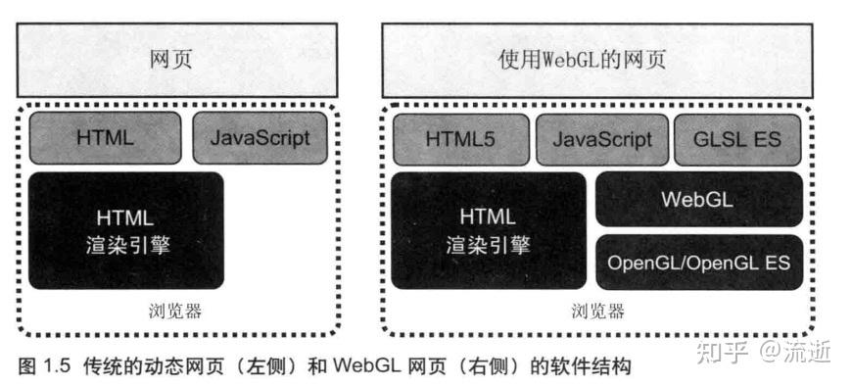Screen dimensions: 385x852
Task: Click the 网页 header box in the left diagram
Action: point(177,59)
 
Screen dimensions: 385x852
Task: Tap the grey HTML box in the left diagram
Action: point(106,137)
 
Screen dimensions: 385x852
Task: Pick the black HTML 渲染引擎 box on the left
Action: point(126,230)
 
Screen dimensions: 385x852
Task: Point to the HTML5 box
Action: point(460,139)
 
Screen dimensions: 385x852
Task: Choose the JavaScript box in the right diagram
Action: point(601,139)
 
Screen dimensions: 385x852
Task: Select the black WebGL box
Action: point(698,199)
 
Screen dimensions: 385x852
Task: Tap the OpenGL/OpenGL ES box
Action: point(698,263)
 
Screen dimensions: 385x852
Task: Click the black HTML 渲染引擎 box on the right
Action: point(488,230)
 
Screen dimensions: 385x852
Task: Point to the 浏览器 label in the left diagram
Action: point(176,313)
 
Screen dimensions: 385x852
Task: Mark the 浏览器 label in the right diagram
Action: point(596,313)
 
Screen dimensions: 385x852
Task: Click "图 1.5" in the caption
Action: point(40,366)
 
